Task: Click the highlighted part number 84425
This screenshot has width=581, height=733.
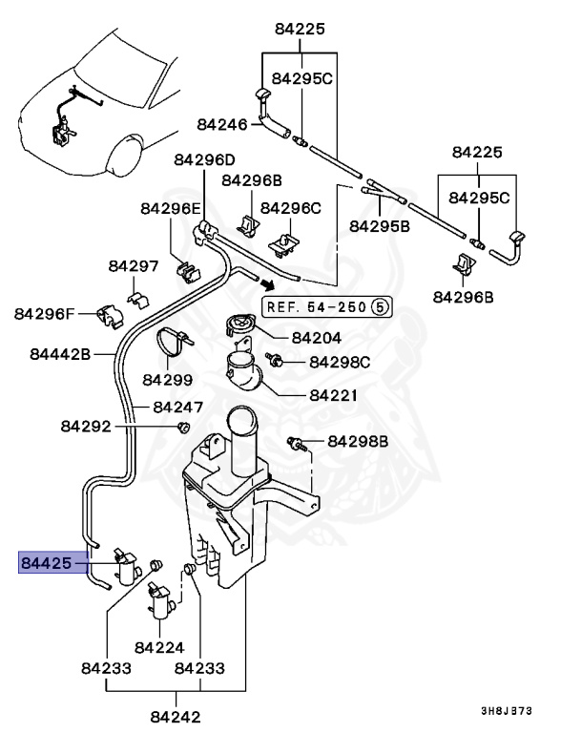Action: (x=47, y=564)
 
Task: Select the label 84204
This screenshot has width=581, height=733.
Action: (x=316, y=337)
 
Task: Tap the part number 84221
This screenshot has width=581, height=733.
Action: (x=334, y=394)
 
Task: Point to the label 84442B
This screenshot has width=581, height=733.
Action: (x=59, y=354)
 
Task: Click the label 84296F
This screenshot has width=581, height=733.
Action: (x=43, y=312)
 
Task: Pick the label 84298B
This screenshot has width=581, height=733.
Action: (x=359, y=441)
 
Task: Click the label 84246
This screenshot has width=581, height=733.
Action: (x=222, y=125)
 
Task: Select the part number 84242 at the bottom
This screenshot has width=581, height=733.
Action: (x=176, y=715)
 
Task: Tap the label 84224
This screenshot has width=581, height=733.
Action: (x=159, y=647)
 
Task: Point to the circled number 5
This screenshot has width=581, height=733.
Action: (x=379, y=307)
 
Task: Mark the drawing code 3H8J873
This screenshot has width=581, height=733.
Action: (x=506, y=711)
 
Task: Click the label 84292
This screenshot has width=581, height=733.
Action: (x=87, y=426)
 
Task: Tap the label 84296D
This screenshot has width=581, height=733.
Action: (x=203, y=159)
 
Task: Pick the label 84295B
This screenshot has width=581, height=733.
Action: (x=379, y=226)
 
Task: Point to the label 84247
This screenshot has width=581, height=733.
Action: (x=177, y=407)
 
